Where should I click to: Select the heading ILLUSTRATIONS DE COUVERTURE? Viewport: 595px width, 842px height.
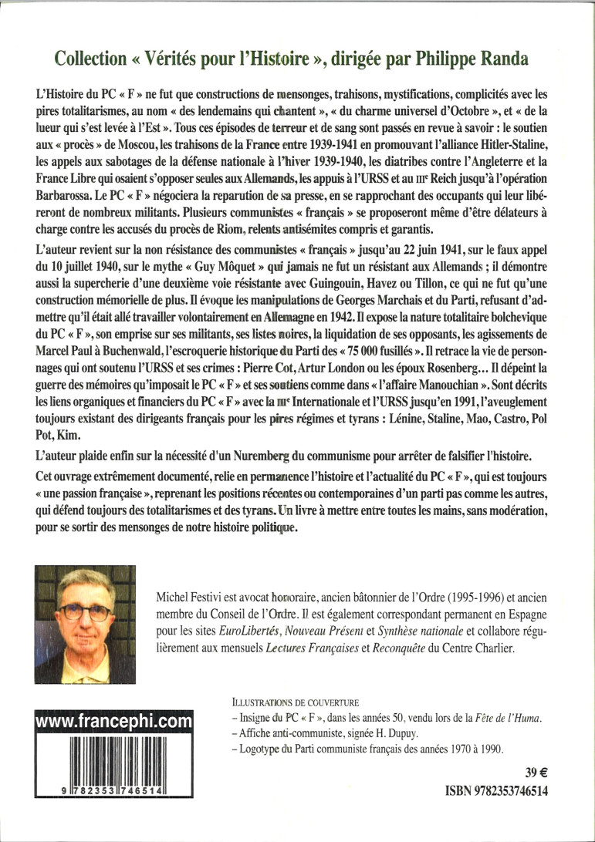pyautogui.click(x=296, y=703)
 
